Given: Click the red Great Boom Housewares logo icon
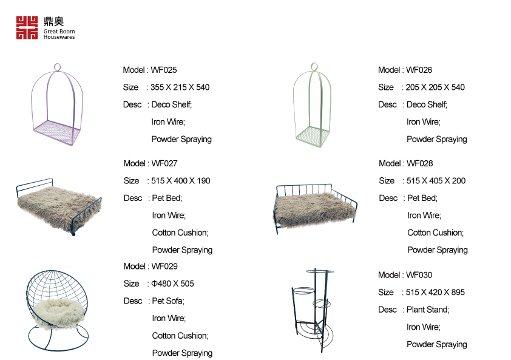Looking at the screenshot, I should click(27, 27).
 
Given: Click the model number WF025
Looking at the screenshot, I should click(164, 70).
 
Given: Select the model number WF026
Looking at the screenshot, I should click(419, 70).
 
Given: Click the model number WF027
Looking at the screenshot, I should click(165, 163).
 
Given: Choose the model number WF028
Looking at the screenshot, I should click(420, 163).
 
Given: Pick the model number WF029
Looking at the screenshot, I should click(164, 267).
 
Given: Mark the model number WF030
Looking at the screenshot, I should click(419, 275).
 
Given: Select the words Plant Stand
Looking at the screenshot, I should click(428, 310).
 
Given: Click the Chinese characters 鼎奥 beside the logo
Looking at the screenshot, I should click(53, 21).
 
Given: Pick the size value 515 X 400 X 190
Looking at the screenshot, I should click(181, 181).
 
